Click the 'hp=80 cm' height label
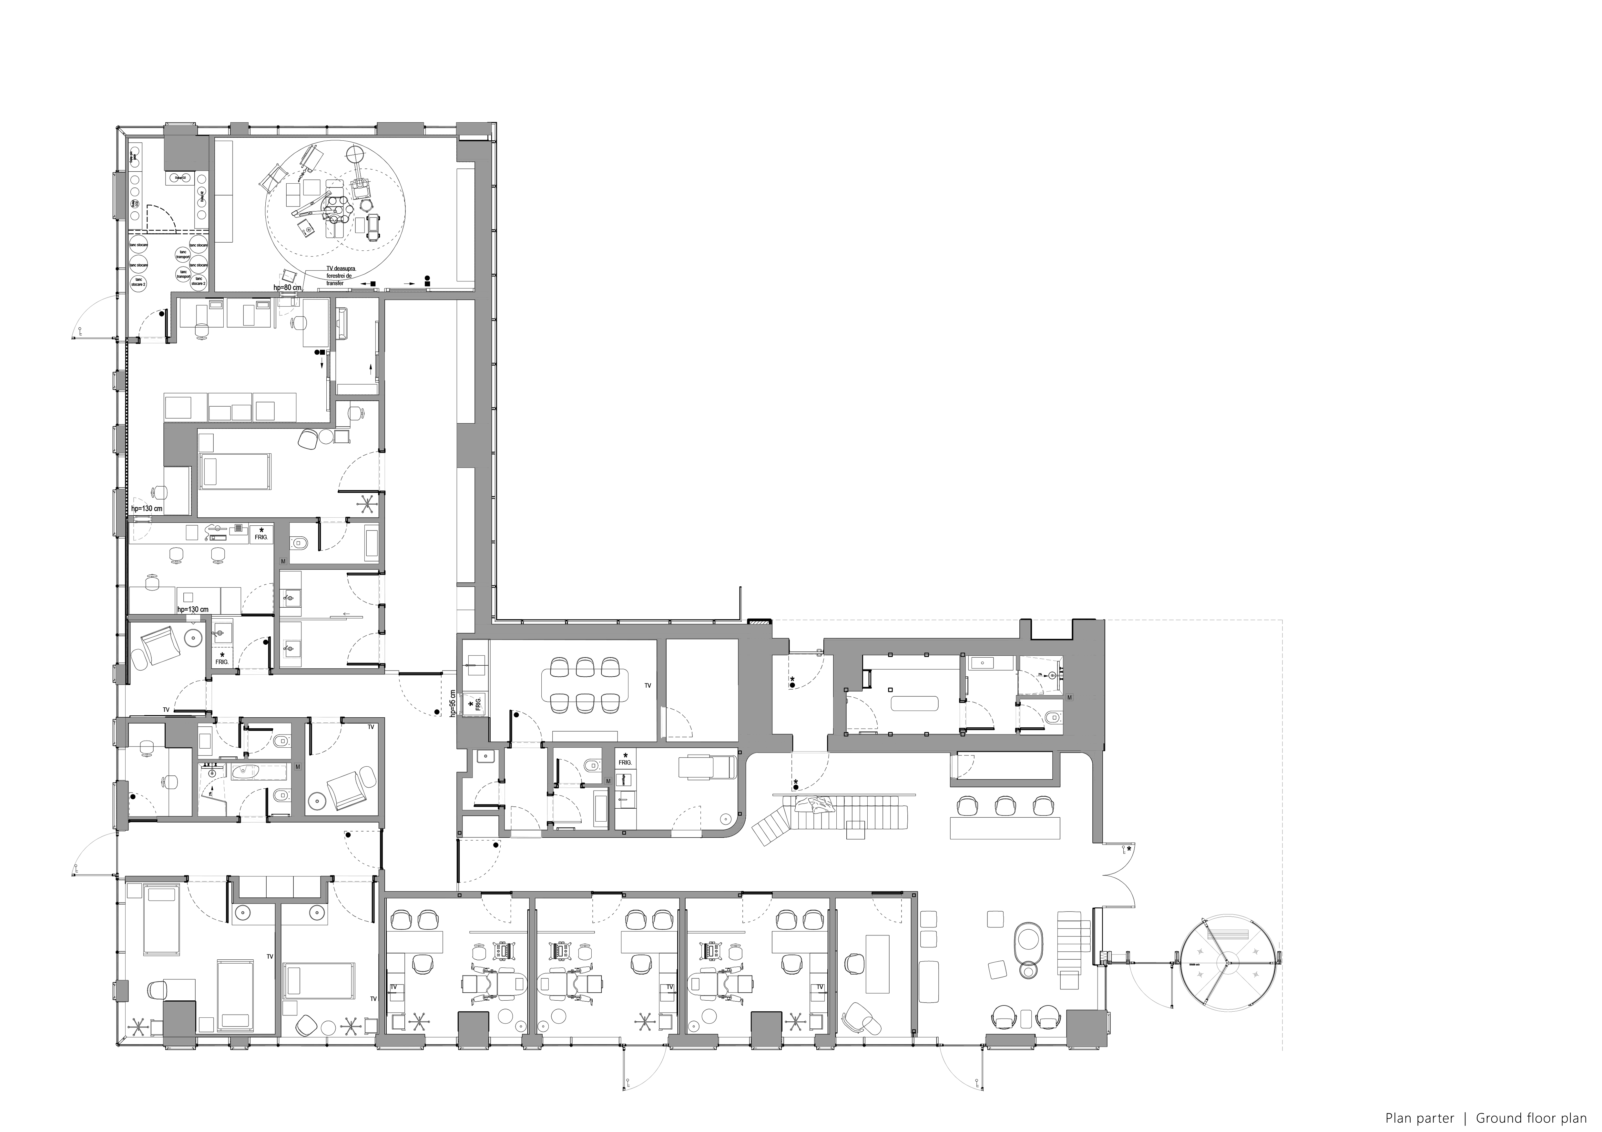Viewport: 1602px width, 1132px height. click(x=287, y=288)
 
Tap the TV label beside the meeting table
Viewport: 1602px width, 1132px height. click(x=648, y=686)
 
